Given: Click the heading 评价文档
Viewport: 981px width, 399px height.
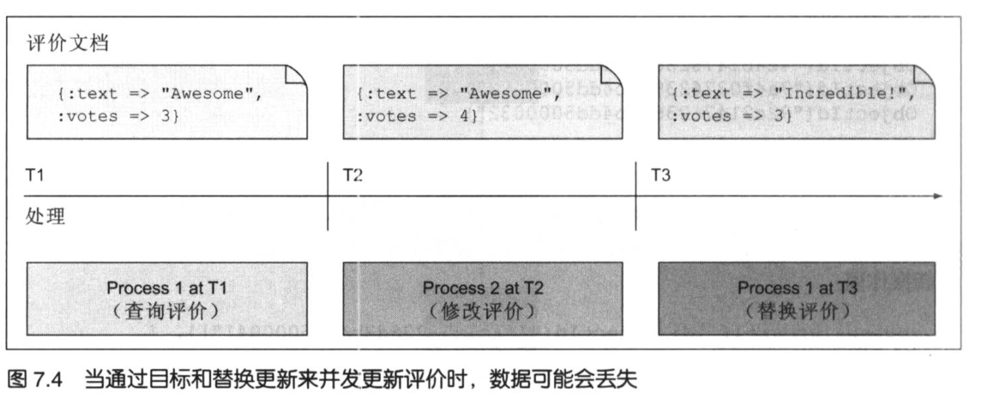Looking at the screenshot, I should (x=67, y=43).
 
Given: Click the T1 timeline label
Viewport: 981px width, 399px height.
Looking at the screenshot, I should (x=35, y=175).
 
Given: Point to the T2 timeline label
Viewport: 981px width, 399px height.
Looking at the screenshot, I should (x=353, y=175).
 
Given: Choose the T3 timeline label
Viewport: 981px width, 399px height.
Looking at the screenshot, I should (x=661, y=175).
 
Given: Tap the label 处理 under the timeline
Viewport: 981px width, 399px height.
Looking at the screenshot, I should (x=45, y=216).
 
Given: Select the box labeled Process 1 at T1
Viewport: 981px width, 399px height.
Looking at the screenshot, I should (x=167, y=298).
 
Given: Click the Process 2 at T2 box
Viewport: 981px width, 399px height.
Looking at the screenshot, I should (x=482, y=298).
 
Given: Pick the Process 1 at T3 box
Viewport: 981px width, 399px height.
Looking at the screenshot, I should (x=796, y=298).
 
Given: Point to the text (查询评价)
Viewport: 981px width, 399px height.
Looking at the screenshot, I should (x=166, y=311).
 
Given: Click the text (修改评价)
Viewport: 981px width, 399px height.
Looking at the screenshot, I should (x=482, y=311).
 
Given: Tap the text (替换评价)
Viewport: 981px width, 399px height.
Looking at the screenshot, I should (x=798, y=311).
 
